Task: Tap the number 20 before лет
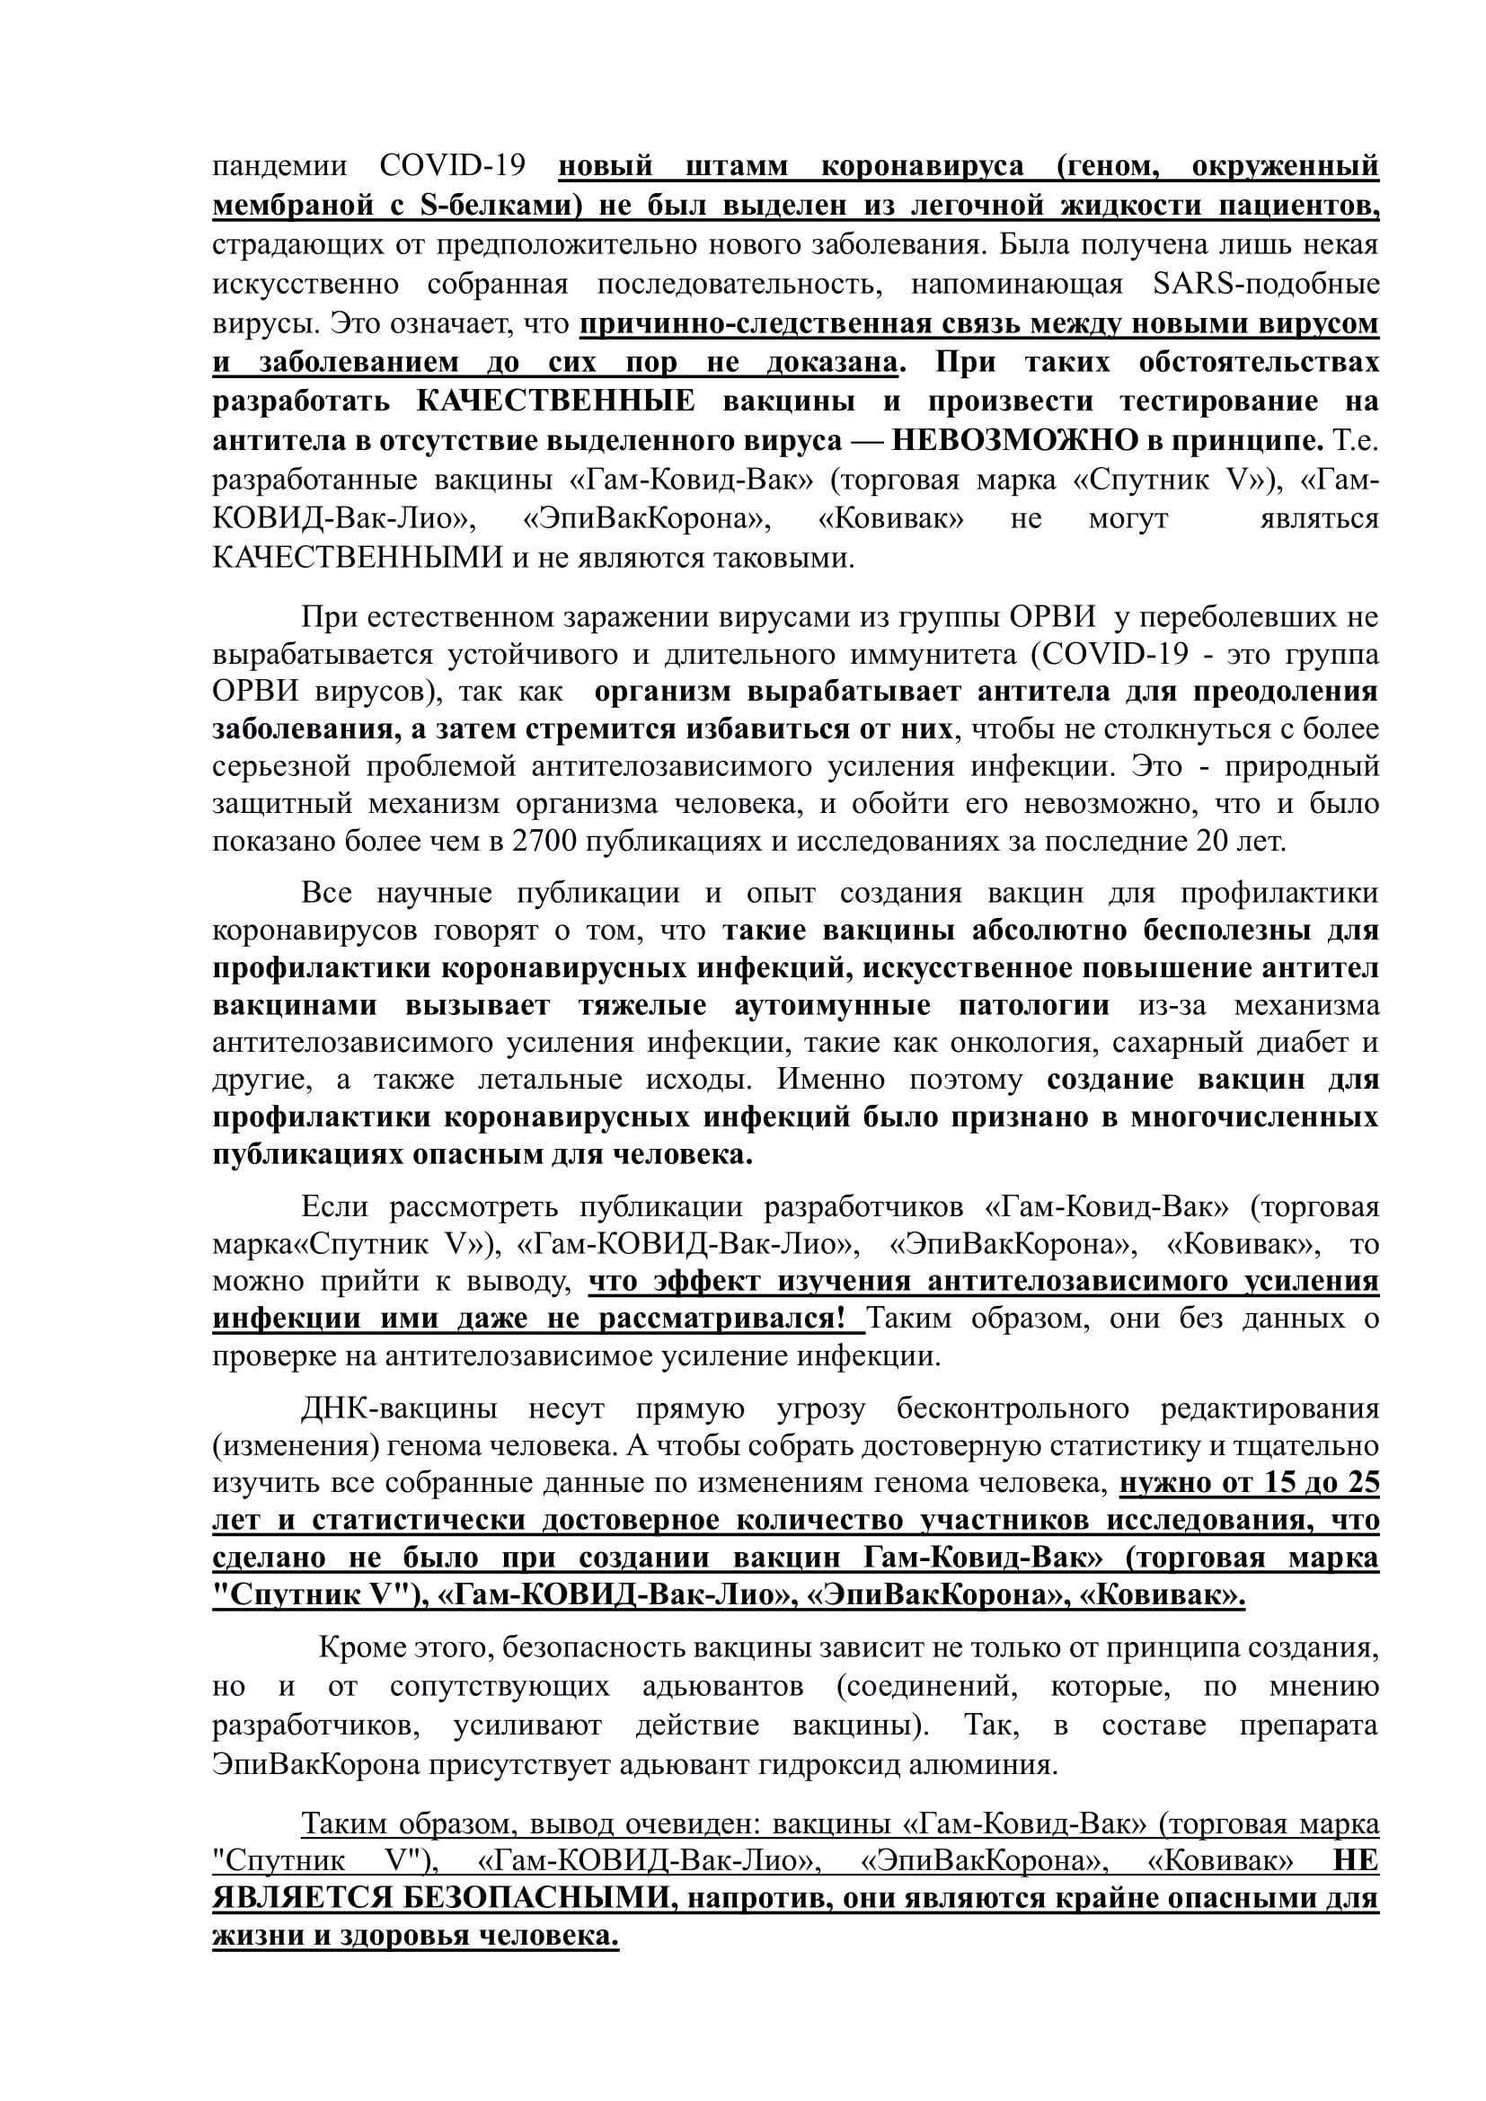pyautogui.click(x=1213, y=842)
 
